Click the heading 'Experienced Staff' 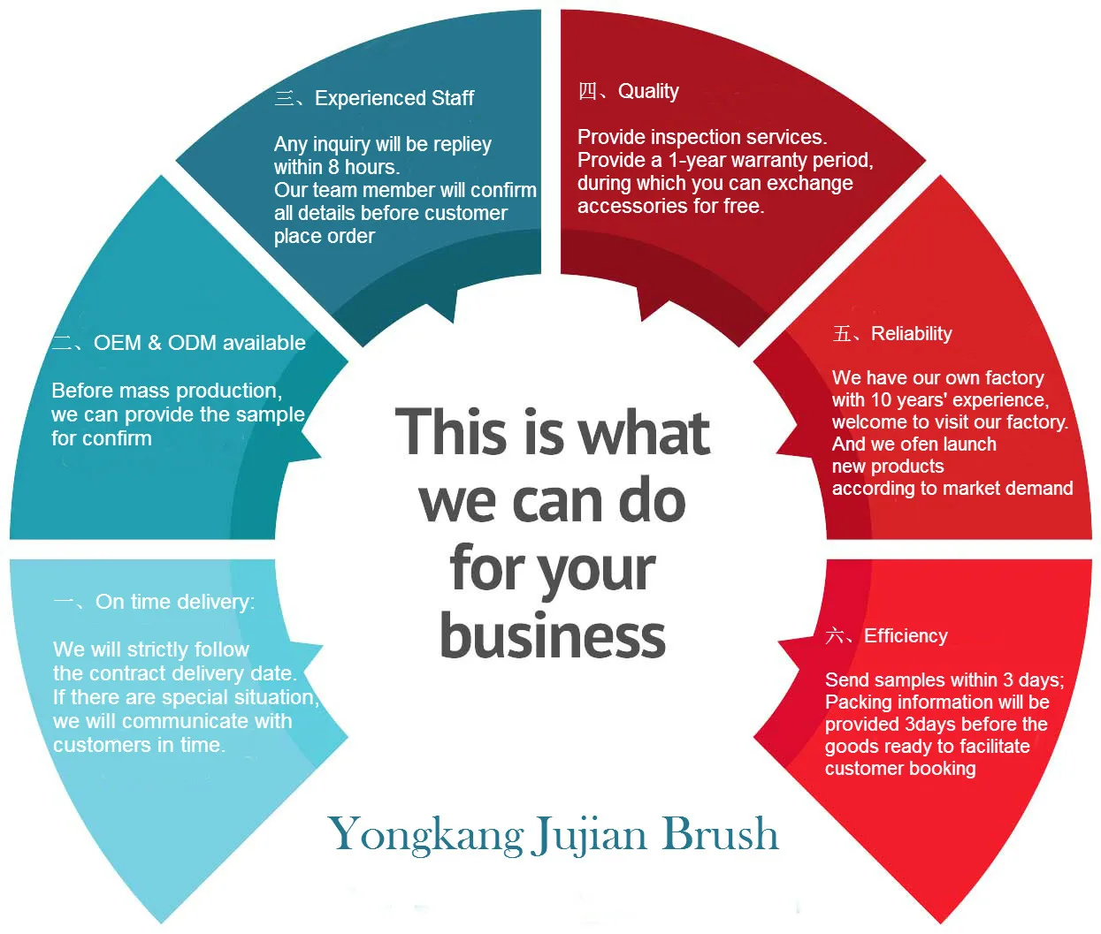point(394,98)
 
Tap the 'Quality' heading point(647,92)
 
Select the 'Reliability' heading point(911,334)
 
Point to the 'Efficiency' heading point(905,636)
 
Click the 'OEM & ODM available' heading point(199,343)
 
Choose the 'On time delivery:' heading point(174,602)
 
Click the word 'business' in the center point(553,636)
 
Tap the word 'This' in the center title point(451,433)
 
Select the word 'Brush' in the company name point(720,833)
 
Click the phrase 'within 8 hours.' point(336,167)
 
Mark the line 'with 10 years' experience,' point(939,400)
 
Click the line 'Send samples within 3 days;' point(944,680)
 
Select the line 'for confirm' point(101,438)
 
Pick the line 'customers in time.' point(139,745)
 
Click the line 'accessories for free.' point(670,206)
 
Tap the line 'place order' point(324,236)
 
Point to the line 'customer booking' point(899,769)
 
